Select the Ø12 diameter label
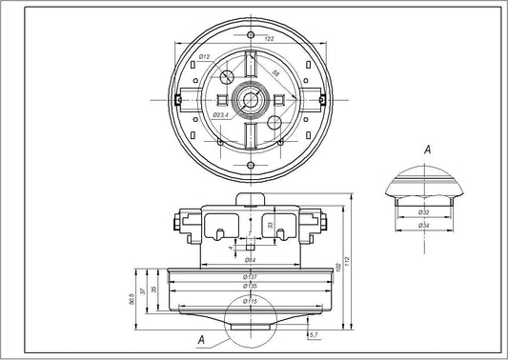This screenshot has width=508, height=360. [204, 59]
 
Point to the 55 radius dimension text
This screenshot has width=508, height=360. [275, 72]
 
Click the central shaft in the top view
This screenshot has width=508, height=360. [253, 99]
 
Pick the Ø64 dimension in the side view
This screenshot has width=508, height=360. [249, 259]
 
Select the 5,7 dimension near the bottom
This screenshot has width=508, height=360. [314, 335]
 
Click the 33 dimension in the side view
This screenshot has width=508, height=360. [270, 226]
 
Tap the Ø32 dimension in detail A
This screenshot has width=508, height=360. [423, 211]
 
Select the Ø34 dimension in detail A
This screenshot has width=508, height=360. [423, 225]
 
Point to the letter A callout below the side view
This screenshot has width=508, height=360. [200, 338]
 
